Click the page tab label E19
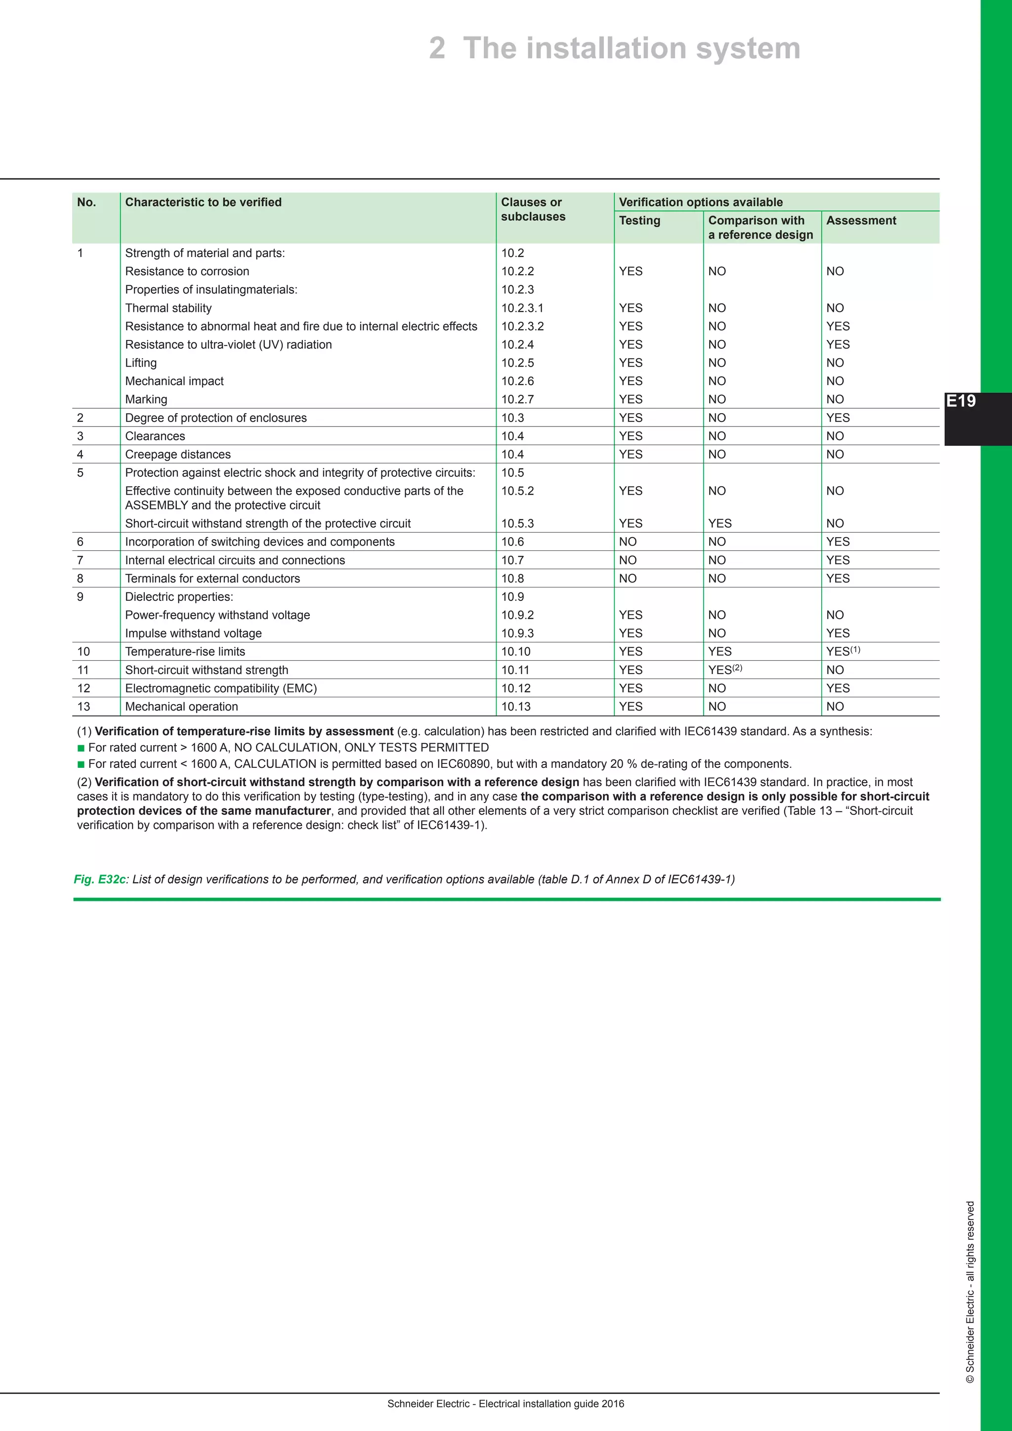point(961,401)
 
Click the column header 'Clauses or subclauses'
point(533,210)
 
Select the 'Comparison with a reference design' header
point(760,227)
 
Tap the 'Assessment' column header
point(861,221)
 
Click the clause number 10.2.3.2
point(522,327)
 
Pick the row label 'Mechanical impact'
point(174,381)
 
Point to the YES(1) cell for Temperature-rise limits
point(843,651)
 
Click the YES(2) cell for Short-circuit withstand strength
point(725,670)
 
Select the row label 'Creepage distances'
point(177,455)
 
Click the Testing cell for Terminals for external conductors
point(628,579)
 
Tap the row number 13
point(84,707)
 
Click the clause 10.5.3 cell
point(517,524)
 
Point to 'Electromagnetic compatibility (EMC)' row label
point(220,689)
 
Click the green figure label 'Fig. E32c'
point(100,880)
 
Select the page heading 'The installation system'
point(631,48)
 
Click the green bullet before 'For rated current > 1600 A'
point(81,748)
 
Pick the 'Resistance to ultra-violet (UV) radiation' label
point(228,345)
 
